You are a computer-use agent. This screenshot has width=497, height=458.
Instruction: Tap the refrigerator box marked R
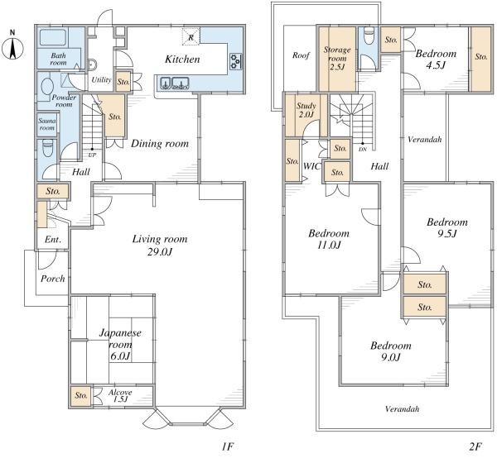coord(191,37)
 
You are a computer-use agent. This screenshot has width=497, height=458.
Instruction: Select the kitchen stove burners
coord(236,62)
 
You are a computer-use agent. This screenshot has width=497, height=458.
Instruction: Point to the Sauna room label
coord(47,124)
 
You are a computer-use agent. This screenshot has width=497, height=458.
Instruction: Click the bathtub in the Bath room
coord(53,38)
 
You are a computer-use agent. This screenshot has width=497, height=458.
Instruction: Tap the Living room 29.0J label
coord(160,246)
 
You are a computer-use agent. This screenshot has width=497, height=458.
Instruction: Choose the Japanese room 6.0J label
coord(120,345)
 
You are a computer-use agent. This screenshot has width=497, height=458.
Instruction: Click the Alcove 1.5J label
coord(120,396)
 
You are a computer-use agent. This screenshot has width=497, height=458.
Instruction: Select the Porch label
coord(53,279)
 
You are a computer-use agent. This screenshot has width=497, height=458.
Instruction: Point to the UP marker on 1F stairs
coord(92,155)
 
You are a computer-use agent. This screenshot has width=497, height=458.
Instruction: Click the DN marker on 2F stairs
coord(363,150)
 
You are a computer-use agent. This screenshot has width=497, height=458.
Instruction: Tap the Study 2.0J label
coord(306,110)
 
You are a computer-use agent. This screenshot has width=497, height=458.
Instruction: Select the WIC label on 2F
coord(312,166)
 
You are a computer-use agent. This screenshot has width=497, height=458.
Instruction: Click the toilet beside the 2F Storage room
coord(369,36)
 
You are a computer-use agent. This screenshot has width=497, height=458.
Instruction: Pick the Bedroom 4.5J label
coord(436,60)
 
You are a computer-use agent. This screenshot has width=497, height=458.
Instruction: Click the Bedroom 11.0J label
coord(329,239)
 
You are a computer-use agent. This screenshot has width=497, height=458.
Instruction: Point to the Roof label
coord(301,55)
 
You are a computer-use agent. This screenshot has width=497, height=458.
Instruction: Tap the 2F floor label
coord(475,446)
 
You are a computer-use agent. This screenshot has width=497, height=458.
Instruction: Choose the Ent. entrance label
coord(53,240)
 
